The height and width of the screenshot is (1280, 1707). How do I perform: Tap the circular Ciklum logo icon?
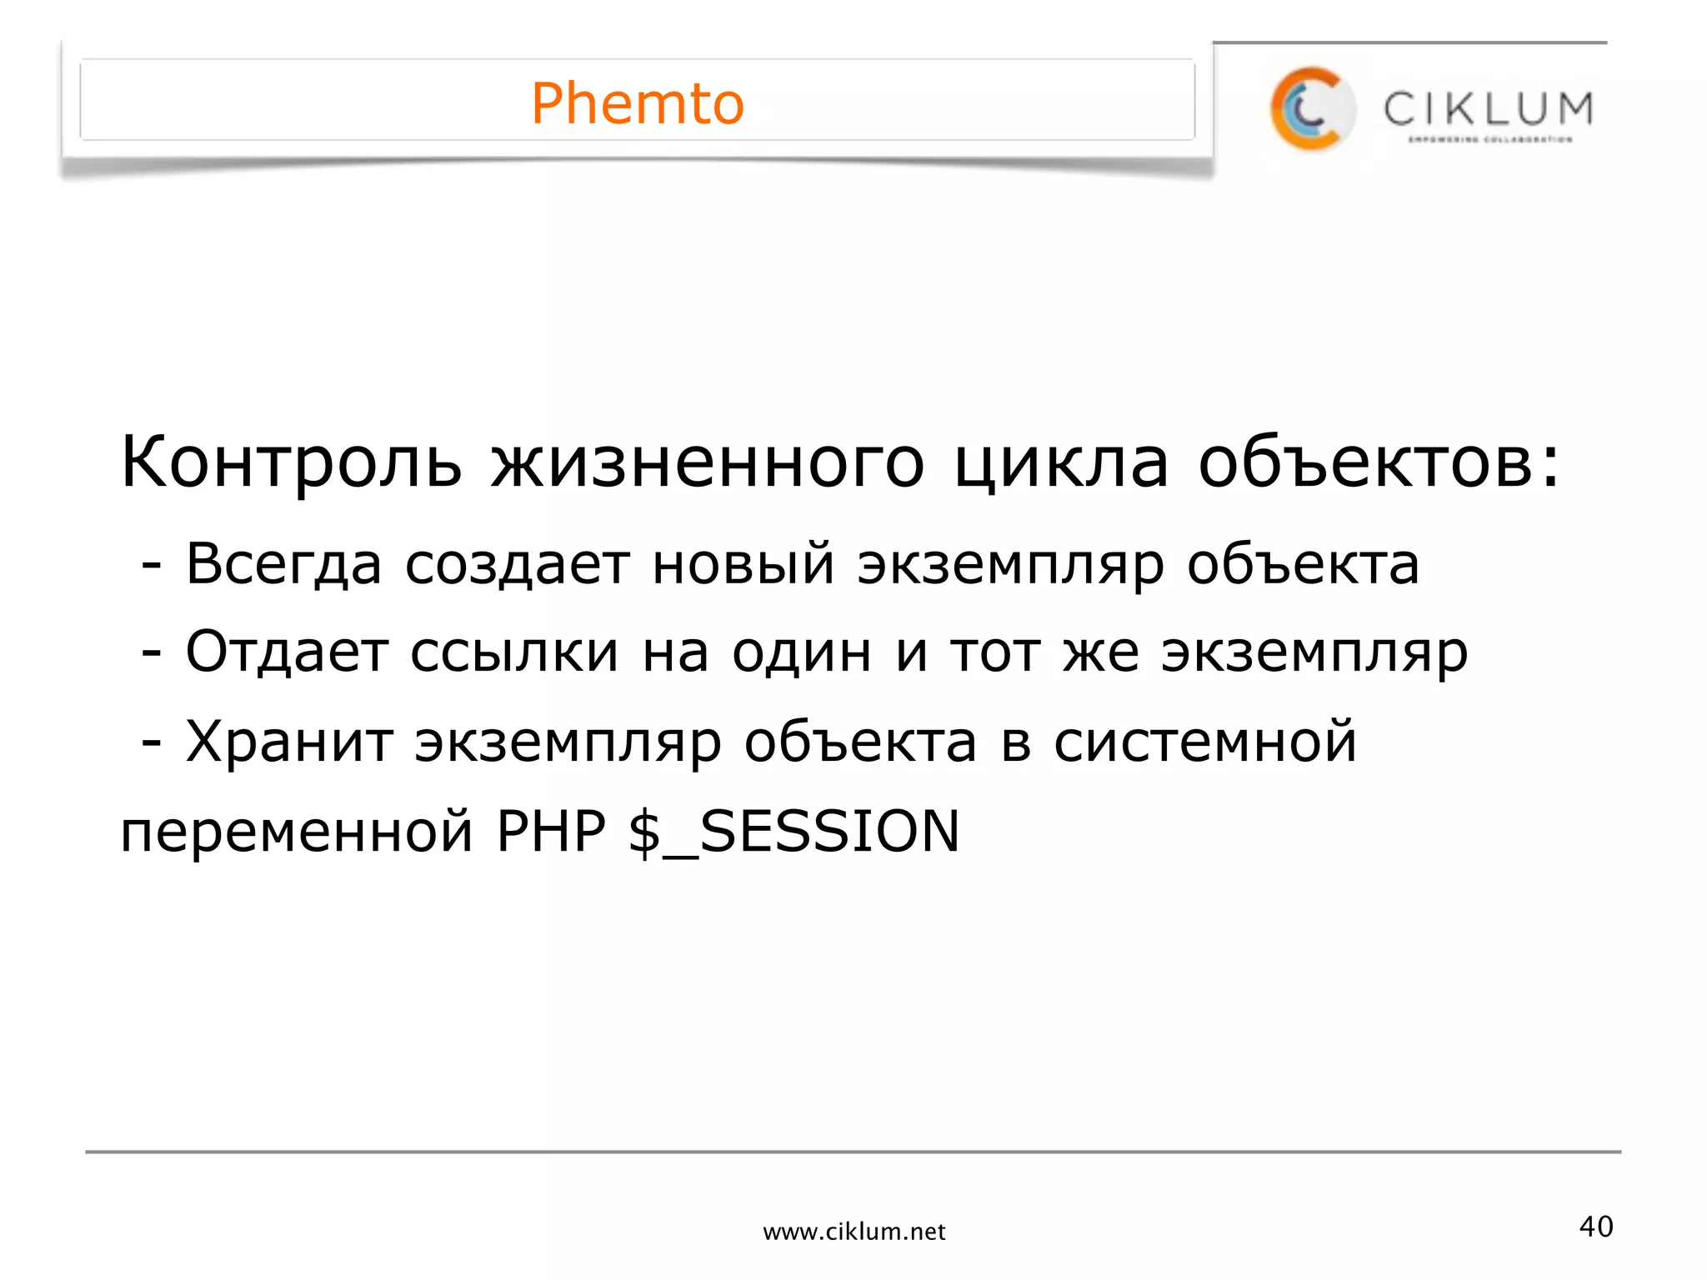(1312, 109)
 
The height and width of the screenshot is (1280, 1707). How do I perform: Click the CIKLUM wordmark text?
(1489, 109)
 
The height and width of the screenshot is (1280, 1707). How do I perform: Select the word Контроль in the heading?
(291, 463)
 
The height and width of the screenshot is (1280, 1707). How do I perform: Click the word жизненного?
(708, 463)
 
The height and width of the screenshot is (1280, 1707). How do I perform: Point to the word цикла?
(1061, 463)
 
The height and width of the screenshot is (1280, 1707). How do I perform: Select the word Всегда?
(283, 565)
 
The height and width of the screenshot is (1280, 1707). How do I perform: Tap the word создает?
(517, 565)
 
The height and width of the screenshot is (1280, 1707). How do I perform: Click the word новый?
(743, 565)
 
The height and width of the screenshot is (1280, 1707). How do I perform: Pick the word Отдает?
(287, 652)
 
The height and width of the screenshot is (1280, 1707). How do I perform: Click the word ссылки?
(514, 653)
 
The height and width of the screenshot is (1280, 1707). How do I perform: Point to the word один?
(802, 653)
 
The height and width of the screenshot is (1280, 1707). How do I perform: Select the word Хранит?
(288, 742)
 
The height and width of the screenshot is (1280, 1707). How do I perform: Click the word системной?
(1205, 742)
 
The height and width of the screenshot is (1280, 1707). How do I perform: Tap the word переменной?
(297, 832)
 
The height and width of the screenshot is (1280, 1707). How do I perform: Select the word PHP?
(551, 832)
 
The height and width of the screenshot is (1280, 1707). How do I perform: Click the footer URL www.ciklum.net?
(853, 1232)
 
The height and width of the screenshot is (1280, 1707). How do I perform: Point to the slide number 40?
(1596, 1227)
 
